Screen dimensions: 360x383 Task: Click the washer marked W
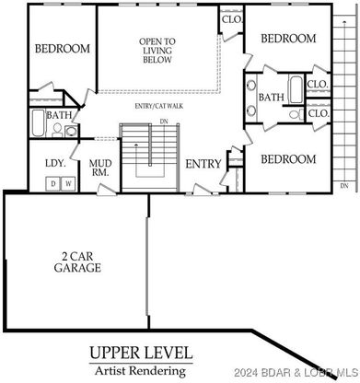pos(69,183)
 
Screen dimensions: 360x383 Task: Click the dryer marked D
pos(53,183)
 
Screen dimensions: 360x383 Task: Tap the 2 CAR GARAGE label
pos(77,262)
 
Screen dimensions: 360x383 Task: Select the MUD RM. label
pos(100,168)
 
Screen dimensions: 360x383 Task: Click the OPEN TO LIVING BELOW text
pos(157,51)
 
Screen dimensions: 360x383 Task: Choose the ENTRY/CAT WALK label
pos(159,106)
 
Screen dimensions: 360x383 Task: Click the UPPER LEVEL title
pos(141,353)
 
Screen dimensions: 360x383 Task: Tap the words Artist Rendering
pos(141,371)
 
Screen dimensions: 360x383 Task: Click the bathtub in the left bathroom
pos(38,122)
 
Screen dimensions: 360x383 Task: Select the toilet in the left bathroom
pos(57,130)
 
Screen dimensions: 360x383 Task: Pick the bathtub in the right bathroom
pos(296,89)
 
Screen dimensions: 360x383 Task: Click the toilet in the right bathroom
pos(296,114)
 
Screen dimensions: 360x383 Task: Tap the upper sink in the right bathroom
pos(251,85)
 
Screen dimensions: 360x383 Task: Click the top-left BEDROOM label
pos(63,49)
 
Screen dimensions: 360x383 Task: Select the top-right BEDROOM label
pos(288,39)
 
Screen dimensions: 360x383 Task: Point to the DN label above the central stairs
pos(164,122)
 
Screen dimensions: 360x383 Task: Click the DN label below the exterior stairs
pos(344,186)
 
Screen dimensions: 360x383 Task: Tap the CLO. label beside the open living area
pos(232,19)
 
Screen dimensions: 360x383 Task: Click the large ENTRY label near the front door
pos(203,164)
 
